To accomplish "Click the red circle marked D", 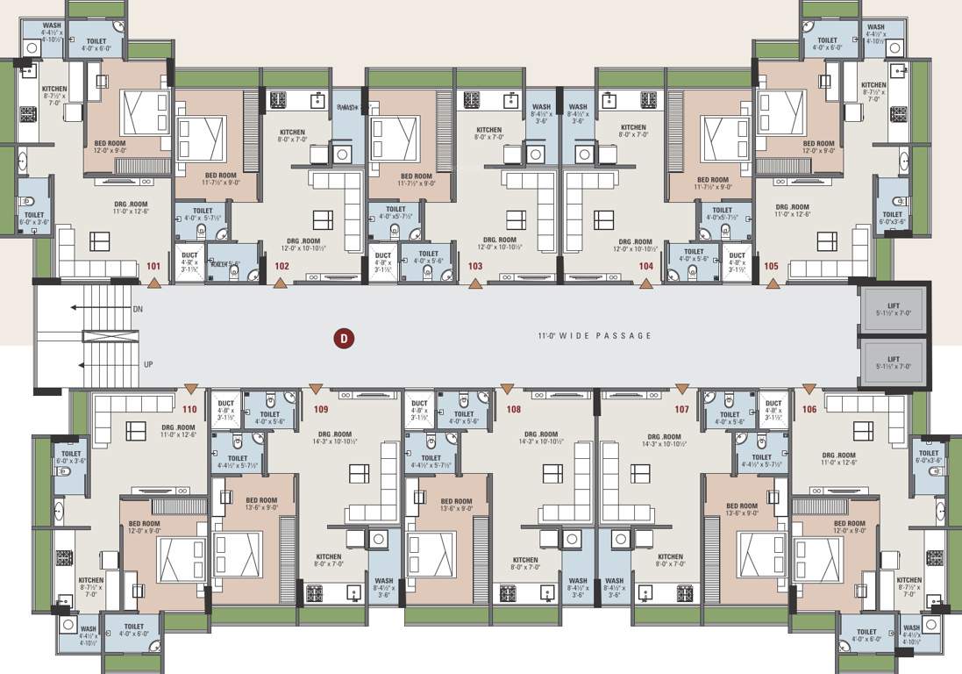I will pos(345,338).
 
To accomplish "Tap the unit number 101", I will pos(153,266).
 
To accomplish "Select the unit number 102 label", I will pos(282,266).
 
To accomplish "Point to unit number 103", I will pos(475,266).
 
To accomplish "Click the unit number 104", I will pos(646,266).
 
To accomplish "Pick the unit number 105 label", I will pos(771,266).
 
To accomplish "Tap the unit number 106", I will pos(809,409).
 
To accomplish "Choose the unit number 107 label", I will pos(681,409).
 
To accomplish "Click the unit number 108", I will pos(513,409).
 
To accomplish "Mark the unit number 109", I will pos(320,409).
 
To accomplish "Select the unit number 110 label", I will pos(189,409).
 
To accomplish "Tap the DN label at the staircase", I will pos(138,310).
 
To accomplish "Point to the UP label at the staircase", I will pos(148,363).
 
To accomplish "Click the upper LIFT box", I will pos(893,310).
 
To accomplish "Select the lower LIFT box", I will pos(893,362).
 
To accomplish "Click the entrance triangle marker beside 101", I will pos(154,283).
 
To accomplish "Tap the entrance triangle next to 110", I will pos(190,388).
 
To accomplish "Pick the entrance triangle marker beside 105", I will pos(773,283).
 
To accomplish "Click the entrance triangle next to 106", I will pos(807,388).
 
